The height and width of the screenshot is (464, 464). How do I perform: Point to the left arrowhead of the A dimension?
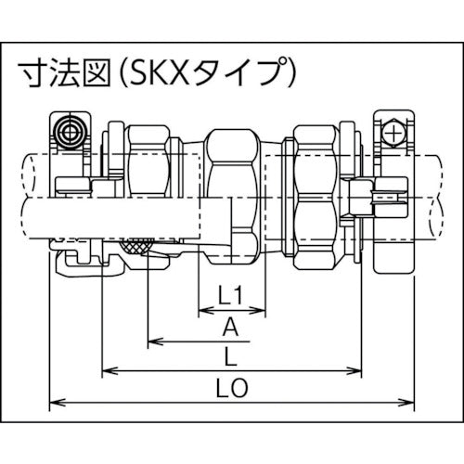coord(149,342)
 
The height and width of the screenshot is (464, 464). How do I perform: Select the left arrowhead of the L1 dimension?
coord(203,312)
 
